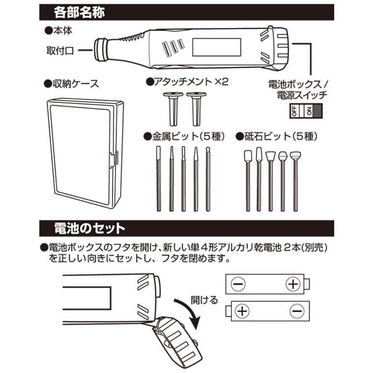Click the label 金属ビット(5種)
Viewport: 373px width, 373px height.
point(182,136)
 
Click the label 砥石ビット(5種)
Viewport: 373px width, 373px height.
point(278,136)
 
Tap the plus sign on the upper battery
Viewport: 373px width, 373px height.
point(293,284)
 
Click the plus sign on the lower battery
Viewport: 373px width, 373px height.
point(242,311)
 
